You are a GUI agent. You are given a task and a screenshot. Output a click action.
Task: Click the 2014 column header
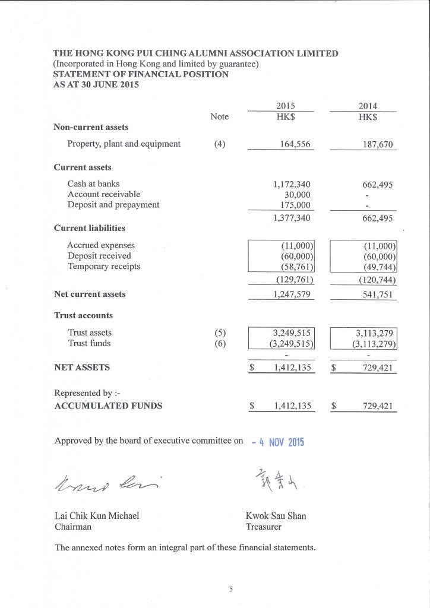click(368, 106)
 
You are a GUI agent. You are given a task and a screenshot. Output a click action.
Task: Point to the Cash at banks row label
click(93, 184)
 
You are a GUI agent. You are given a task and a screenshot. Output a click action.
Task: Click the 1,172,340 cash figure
click(292, 184)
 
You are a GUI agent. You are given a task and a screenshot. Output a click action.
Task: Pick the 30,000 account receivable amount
click(298, 194)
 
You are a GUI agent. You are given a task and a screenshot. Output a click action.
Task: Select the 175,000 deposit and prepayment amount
click(295, 205)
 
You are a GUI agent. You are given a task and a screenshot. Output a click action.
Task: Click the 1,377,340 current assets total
click(292, 218)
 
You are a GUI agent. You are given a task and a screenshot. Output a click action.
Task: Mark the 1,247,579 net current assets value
click(292, 294)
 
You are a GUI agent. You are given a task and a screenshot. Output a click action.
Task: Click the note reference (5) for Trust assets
click(220, 332)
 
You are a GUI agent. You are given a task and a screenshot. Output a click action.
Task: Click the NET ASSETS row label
click(82, 368)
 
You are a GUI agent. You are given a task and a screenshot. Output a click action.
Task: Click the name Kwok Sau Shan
click(276, 516)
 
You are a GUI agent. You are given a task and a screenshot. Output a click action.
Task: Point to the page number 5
click(231, 589)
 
